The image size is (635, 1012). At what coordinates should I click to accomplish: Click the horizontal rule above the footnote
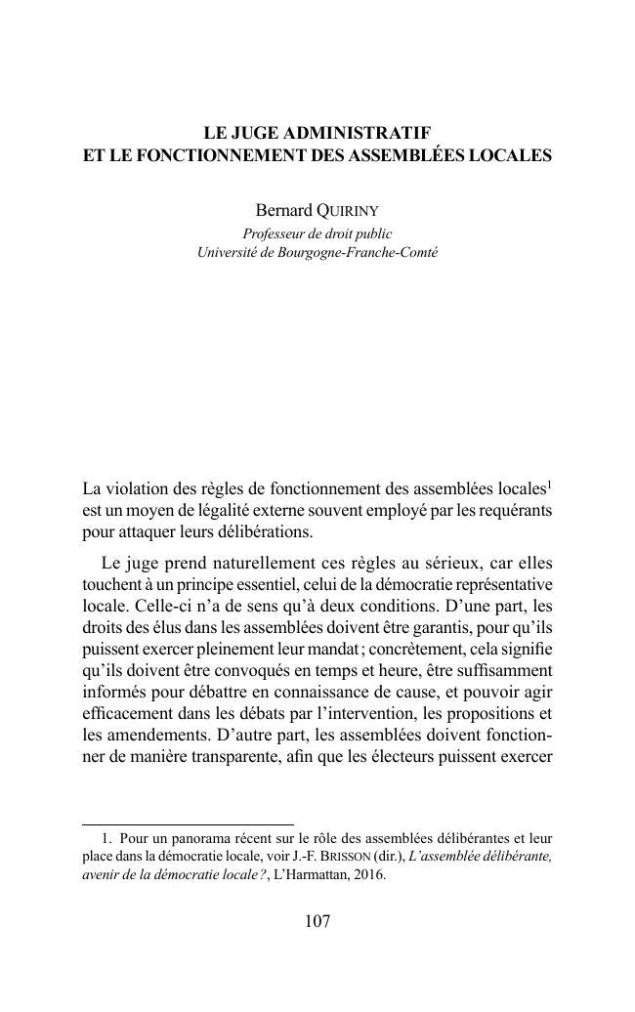[188, 824]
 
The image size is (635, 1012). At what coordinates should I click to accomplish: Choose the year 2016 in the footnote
[368, 875]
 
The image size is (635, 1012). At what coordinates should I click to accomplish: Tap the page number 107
[317, 921]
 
